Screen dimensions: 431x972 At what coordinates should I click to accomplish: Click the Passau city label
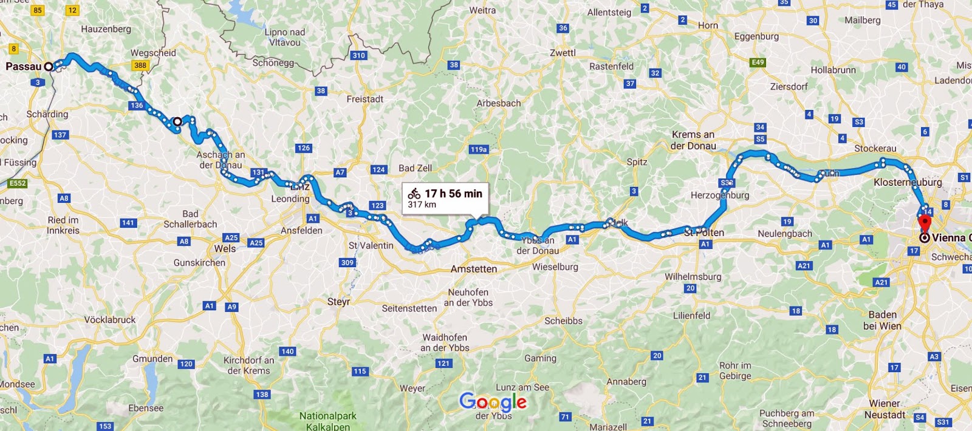[x=23, y=66]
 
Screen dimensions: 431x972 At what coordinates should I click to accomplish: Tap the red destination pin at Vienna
[x=925, y=222]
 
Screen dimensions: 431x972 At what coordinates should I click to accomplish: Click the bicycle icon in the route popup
[x=414, y=194]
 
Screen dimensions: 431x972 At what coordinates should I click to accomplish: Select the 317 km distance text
[x=422, y=205]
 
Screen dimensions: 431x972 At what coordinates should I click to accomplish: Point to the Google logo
[x=493, y=401]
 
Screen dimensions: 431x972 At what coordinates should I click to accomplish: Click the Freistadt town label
[x=364, y=99]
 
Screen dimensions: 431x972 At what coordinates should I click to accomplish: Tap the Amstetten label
[x=473, y=269]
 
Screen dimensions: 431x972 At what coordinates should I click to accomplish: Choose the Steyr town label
[x=338, y=302]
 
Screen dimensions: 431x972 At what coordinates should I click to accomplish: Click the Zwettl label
[x=563, y=53]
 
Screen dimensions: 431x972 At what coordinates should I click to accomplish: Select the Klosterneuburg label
[x=908, y=182]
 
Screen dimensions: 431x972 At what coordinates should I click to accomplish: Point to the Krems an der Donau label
[x=693, y=140]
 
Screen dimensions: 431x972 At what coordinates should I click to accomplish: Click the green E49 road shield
[x=758, y=63]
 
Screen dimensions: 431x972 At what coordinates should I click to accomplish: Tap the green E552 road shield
[x=18, y=183]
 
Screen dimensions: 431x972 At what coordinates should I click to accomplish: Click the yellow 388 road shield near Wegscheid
[x=140, y=66]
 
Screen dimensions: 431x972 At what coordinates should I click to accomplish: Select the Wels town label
[x=225, y=248]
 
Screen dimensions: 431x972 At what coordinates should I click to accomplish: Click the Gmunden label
[x=152, y=359]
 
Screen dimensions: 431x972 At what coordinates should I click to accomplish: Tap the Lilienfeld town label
[x=691, y=316]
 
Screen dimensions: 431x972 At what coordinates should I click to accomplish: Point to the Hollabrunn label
[x=833, y=70]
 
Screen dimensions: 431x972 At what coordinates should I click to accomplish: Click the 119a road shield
[x=478, y=149]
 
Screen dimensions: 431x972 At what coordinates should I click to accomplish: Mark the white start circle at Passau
[x=49, y=67]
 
